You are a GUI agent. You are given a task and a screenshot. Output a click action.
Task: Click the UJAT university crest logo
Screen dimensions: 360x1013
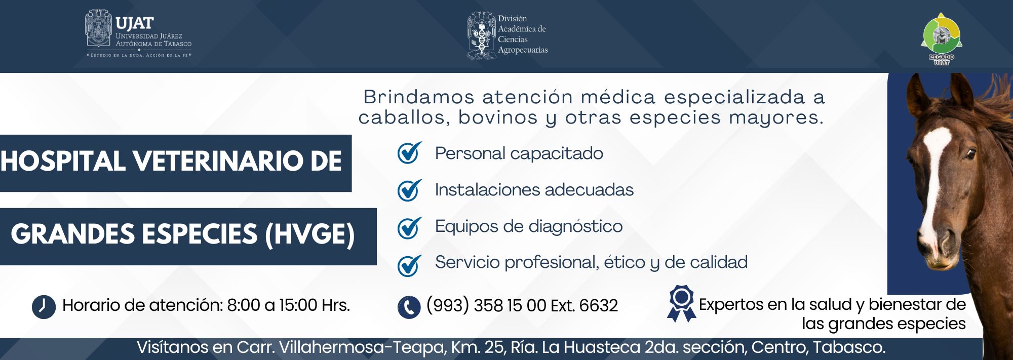(98, 29)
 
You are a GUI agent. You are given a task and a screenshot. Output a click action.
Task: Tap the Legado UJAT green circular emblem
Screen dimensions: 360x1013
(941, 35)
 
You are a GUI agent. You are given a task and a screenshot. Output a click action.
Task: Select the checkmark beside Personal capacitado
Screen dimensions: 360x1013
(409, 153)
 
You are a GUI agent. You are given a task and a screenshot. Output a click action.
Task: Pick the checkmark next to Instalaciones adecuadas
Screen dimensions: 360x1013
(409, 190)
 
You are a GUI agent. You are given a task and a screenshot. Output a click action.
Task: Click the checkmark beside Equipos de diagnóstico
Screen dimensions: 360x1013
(409, 227)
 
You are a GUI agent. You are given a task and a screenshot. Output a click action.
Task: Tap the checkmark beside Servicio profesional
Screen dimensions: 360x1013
(409, 264)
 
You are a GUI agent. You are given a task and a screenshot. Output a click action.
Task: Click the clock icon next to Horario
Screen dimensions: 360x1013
(44, 306)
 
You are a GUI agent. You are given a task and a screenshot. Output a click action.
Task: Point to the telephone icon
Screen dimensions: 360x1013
(409, 307)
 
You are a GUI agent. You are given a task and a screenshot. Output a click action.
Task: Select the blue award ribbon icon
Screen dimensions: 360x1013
(681, 303)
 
